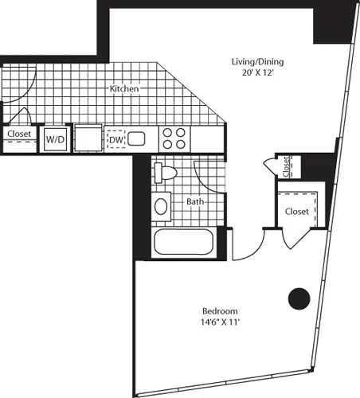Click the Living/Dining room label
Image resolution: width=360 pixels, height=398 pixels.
click(x=257, y=61)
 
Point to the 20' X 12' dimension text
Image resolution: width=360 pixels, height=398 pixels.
click(x=257, y=72)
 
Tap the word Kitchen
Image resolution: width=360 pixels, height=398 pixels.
click(x=124, y=89)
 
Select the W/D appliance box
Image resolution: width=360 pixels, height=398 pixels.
click(x=55, y=139)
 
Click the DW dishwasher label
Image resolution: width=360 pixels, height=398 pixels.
click(x=115, y=139)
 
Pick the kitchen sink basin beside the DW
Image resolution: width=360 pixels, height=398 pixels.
click(x=136, y=139)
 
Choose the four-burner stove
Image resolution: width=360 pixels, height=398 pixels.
click(x=174, y=139)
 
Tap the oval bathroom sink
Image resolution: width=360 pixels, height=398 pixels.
click(x=162, y=207)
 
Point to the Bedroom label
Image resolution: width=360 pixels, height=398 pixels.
click(x=219, y=310)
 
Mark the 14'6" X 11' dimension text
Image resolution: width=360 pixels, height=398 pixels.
click(x=219, y=322)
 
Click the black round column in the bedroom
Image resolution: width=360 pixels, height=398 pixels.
click(x=298, y=298)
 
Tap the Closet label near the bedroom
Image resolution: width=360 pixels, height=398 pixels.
click(x=296, y=212)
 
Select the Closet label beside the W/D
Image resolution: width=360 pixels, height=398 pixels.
click(x=18, y=135)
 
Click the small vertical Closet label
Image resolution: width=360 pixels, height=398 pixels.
click(x=286, y=166)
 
